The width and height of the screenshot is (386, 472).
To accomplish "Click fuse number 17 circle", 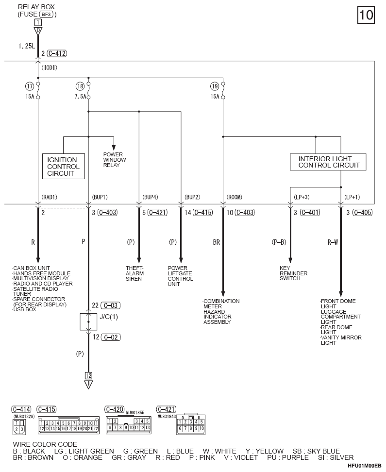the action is coord(29,86).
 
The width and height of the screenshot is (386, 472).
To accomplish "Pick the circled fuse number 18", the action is coord(80,86).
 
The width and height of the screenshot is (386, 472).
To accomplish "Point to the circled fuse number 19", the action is coord(215,86).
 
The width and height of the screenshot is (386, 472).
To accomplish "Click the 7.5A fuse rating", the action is coord(80,97).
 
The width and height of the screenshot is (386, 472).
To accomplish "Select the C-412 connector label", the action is coord(57,53).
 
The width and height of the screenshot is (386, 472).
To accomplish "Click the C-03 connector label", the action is coord(111,305).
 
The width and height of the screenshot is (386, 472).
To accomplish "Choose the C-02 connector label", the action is coord(111,337).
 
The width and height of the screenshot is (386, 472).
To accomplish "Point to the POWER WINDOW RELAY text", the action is coord(115,160).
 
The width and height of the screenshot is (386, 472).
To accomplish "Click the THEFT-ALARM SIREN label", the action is coord(134,273).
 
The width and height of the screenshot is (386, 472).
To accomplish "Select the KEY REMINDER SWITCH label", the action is coord(294,273).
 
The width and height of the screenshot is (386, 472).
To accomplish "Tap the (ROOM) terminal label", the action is coord(234,197).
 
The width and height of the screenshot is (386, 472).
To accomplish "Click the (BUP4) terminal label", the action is coord(150,197).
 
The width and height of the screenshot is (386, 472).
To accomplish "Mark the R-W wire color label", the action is coord(333,242).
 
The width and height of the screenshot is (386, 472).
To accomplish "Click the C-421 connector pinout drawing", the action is coord(191,424).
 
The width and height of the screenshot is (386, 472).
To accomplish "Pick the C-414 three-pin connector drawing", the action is coord(19,427).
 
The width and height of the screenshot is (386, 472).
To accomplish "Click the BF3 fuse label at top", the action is coord(46,14).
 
